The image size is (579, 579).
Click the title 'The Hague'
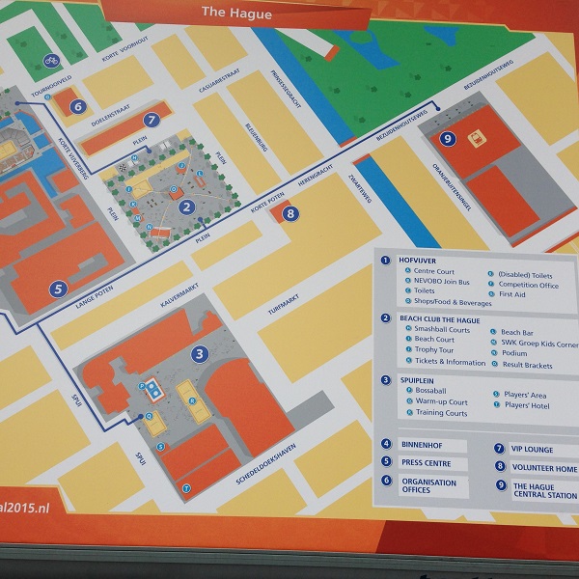(236, 14)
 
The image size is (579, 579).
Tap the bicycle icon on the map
(50, 61)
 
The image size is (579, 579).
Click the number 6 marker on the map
(78, 106)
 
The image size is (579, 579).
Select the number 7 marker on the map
(151, 121)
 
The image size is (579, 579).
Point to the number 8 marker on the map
(290, 214)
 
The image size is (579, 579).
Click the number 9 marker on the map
(447, 139)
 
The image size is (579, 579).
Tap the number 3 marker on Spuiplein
(199, 354)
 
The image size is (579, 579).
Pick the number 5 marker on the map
(59, 288)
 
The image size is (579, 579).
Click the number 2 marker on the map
(187, 206)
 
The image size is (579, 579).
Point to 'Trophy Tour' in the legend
(434, 350)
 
